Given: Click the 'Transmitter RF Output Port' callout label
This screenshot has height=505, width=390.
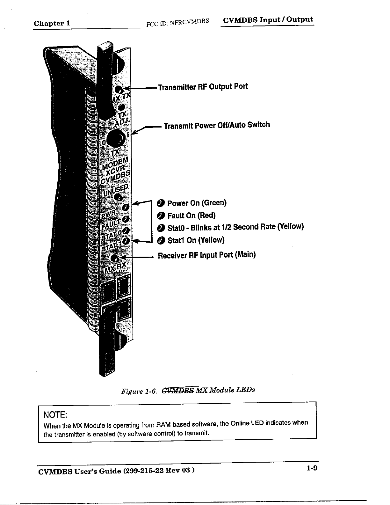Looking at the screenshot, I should tap(203, 87).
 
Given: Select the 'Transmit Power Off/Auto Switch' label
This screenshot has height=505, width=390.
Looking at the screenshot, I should tap(217, 125).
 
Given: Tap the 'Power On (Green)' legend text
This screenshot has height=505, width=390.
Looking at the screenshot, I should tap(197, 203).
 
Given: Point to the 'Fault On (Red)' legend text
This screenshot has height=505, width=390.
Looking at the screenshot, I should tap(191, 216).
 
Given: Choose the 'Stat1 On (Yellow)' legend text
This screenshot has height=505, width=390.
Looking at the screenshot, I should tap(196, 240).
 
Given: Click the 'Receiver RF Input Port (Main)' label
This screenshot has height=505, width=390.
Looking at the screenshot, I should tap(207, 255).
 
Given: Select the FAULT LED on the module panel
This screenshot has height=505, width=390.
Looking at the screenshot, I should tap(126, 219).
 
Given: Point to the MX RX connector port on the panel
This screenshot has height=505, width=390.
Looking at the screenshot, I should tap(114, 258).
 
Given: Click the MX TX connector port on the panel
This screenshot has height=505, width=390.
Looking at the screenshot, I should tap(119, 90).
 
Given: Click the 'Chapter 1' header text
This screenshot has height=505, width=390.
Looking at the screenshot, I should tap(52, 23).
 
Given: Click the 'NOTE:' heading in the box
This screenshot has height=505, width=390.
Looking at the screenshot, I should tap(55, 415).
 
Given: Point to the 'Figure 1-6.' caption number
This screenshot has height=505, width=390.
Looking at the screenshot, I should tap(139, 391).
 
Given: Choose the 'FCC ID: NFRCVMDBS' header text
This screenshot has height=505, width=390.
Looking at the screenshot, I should tap(177, 22).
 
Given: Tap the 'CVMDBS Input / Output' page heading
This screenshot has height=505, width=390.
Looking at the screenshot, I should tap(268, 20).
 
